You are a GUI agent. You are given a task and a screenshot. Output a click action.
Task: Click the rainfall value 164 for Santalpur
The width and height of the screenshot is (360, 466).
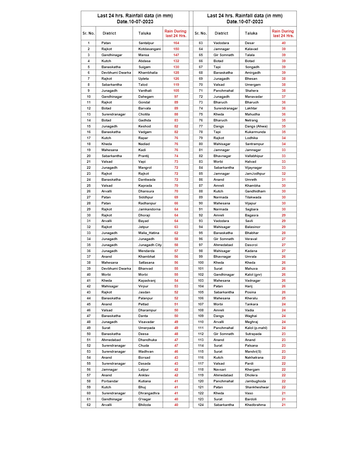click(x=176, y=43)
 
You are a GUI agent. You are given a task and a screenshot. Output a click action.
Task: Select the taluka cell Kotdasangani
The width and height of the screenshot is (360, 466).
click(x=149, y=49)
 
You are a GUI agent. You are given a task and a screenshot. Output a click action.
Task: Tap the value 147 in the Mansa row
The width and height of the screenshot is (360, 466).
click(x=176, y=55)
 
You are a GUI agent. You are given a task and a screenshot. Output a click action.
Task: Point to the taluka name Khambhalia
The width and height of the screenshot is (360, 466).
click(x=148, y=73)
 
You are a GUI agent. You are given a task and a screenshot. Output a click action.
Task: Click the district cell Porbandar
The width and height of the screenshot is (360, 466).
click(x=110, y=381)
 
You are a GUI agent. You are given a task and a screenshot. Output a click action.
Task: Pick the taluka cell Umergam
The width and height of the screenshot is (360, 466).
click(x=253, y=85)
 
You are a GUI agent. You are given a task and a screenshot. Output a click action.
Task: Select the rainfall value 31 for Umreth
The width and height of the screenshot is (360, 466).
click(x=283, y=180)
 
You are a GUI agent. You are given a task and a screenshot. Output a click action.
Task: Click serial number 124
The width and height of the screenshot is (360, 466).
click(x=200, y=405)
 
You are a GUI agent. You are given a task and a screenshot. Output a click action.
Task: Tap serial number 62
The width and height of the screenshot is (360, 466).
click(x=89, y=405)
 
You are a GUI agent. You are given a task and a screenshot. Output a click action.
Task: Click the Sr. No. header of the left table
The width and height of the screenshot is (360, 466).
click(x=89, y=33)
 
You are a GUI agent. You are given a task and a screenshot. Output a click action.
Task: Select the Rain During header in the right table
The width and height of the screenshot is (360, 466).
click(x=283, y=33)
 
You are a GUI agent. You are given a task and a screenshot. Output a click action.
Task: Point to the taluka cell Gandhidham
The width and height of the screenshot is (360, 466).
click(x=255, y=191)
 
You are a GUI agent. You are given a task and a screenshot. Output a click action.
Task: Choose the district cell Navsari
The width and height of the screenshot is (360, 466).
click(x=220, y=370)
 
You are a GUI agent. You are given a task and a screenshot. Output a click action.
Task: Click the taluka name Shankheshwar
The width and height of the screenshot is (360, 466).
click(x=257, y=387)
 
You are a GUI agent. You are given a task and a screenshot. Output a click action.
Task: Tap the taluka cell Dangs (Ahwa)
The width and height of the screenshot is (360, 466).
click(x=256, y=126)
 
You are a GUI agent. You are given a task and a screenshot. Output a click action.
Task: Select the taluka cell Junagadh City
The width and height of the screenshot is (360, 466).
click(x=150, y=245)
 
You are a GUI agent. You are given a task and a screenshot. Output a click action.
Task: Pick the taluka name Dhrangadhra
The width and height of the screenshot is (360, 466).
click(x=149, y=393)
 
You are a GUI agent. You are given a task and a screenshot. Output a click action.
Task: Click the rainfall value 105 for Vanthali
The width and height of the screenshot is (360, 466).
click(x=176, y=91)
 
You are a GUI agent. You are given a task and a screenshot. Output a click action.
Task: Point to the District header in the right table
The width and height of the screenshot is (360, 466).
click(x=221, y=33)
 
